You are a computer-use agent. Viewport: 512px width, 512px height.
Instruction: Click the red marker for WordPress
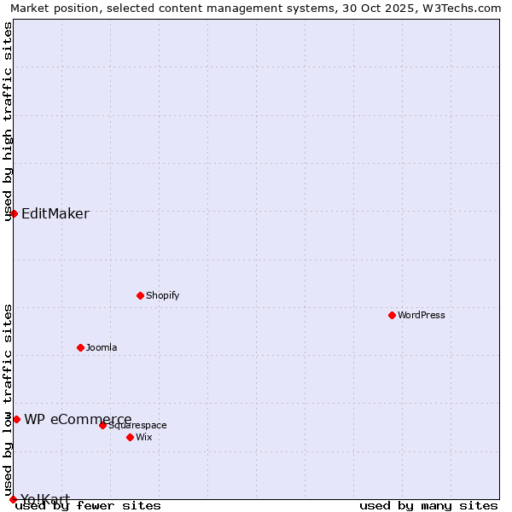click(392, 315)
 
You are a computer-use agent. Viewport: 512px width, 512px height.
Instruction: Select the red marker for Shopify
click(140, 295)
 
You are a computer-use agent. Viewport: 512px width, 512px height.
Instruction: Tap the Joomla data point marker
click(80, 347)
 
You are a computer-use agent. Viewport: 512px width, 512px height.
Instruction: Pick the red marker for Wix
click(130, 437)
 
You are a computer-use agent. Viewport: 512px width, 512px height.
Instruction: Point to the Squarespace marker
click(102, 425)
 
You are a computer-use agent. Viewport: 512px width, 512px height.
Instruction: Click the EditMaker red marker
click(14, 213)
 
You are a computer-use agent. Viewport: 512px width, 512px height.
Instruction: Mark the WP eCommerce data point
click(16, 419)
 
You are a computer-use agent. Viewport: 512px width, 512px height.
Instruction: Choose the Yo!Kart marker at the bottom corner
click(13, 499)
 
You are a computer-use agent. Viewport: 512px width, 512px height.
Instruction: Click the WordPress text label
click(422, 315)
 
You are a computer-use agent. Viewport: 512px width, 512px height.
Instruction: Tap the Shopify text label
click(163, 295)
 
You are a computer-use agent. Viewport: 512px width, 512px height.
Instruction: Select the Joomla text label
click(102, 347)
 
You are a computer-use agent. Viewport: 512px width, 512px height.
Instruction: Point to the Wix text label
click(144, 437)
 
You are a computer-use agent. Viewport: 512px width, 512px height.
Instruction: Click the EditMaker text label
click(55, 213)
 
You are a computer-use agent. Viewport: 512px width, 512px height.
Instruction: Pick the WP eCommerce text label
click(78, 419)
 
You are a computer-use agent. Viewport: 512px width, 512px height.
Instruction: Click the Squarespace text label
click(138, 425)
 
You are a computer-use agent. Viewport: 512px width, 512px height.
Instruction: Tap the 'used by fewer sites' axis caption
click(89, 505)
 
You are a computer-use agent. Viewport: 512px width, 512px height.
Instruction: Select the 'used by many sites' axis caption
click(428, 505)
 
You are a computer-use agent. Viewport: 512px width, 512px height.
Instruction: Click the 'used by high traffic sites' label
click(8, 121)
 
